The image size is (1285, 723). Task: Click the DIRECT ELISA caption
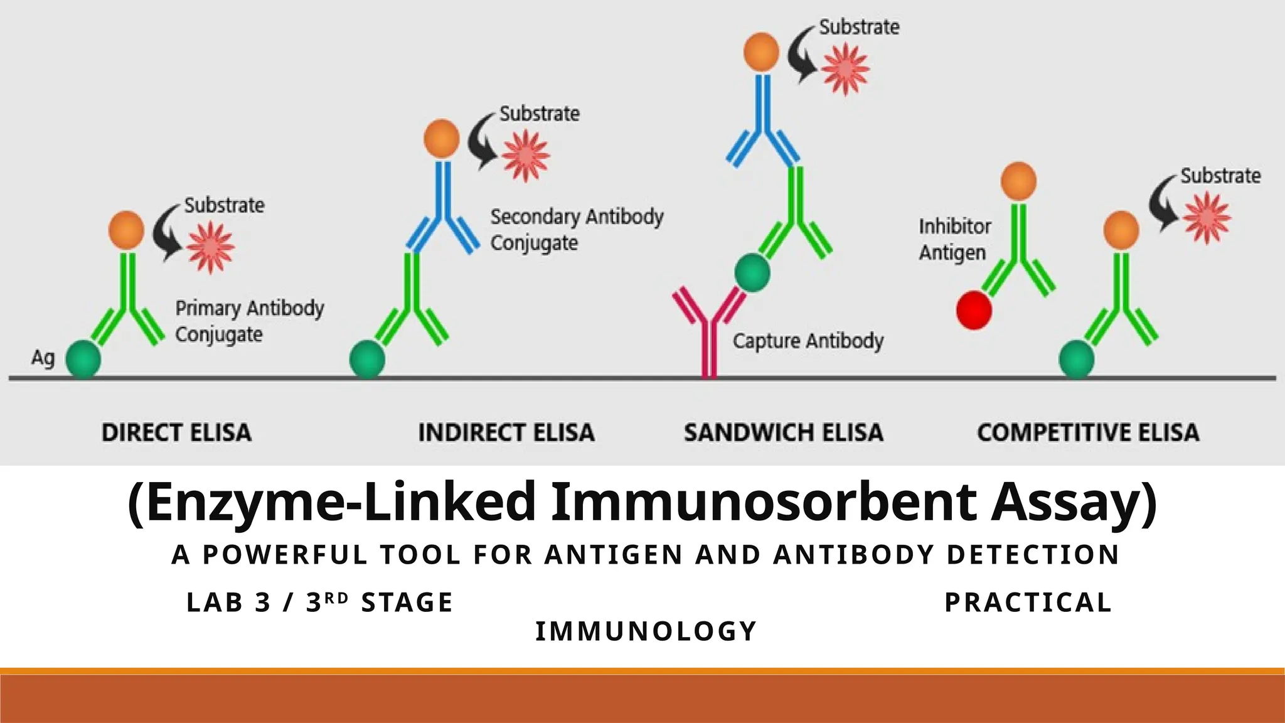pyautogui.click(x=176, y=432)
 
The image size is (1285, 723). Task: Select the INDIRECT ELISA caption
pyautogui.click(x=506, y=432)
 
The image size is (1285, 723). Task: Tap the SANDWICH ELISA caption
pyautogui.click(x=784, y=432)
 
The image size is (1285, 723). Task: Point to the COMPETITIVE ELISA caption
pyautogui.click(x=1088, y=432)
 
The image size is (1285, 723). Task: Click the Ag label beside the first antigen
pyautogui.click(x=43, y=358)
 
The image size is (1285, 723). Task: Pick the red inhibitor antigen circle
pyautogui.click(x=974, y=310)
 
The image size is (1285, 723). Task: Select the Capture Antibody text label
pyautogui.click(x=808, y=341)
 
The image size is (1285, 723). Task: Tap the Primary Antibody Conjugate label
pyautogui.click(x=249, y=321)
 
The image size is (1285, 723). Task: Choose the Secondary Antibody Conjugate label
pyautogui.click(x=576, y=229)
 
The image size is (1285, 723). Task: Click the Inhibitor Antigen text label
pyautogui.click(x=954, y=239)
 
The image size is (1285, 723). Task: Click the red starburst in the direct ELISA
pyautogui.click(x=210, y=247)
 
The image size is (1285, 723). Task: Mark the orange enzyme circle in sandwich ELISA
pyautogui.click(x=761, y=52)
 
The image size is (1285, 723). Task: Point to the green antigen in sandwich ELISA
pyautogui.click(x=752, y=272)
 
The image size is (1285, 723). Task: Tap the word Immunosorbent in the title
pyautogui.click(x=764, y=502)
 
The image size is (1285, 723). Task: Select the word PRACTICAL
pyautogui.click(x=1028, y=602)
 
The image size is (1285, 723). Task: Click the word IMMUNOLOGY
pyautogui.click(x=646, y=631)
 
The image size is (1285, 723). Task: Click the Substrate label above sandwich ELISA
pyautogui.click(x=859, y=27)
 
